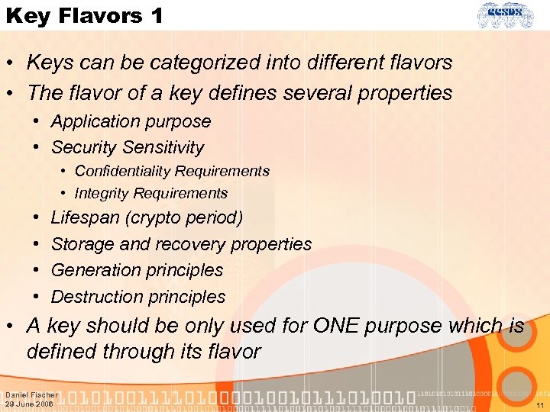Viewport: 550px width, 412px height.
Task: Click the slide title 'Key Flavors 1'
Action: (x=84, y=15)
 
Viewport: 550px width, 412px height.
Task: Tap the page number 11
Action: (x=540, y=405)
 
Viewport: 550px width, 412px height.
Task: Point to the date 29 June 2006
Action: (x=29, y=404)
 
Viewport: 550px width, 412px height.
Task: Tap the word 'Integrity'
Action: (x=103, y=193)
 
